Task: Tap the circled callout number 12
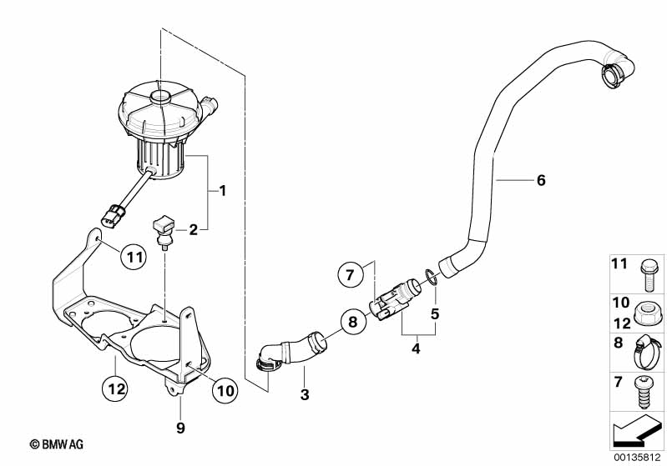pyautogui.click(x=117, y=387)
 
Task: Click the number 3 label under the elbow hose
pyautogui.click(x=304, y=393)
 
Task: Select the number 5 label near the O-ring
pyautogui.click(x=434, y=315)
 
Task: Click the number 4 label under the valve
pyautogui.click(x=415, y=350)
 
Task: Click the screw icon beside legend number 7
pyautogui.click(x=644, y=387)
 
